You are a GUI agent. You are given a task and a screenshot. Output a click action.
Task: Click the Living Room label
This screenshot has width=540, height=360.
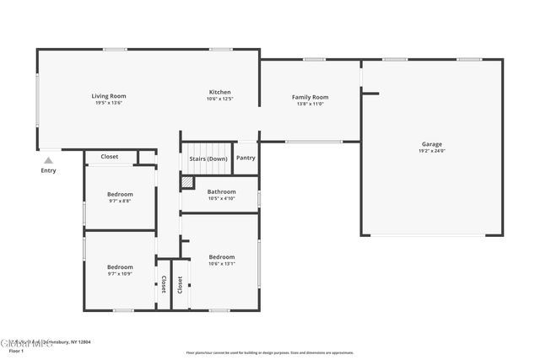(x=109, y=96)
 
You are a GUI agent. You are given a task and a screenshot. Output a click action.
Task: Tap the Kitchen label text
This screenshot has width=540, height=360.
(x=220, y=92)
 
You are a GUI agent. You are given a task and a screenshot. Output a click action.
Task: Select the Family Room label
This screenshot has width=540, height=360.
(x=310, y=97)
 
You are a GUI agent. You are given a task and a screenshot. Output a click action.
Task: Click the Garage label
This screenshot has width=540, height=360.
(x=432, y=144)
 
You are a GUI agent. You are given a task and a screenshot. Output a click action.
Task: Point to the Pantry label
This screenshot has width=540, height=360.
(x=246, y=158)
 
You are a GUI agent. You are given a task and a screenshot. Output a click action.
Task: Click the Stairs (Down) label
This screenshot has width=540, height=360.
(x=208, y=158)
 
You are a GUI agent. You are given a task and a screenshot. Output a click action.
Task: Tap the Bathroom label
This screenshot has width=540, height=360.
(x=222, y=191)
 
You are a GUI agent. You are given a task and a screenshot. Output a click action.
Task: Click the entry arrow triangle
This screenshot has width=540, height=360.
(x=49, y=159)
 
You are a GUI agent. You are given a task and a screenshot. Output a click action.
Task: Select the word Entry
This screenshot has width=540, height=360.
(x=49, y=170)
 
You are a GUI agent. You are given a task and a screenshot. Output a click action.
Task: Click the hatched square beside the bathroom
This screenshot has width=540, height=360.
(x=187, y=180)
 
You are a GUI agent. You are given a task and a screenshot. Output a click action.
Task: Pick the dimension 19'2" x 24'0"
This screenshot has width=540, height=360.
(x=432, y=151)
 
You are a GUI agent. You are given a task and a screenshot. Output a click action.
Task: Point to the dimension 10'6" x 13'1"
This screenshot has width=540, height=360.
(x=222, y=263)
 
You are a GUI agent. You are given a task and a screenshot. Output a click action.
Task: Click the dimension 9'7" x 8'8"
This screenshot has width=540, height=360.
(x=120, y=201)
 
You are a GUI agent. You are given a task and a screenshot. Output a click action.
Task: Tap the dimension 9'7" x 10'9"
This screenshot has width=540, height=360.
(x=120, y=274)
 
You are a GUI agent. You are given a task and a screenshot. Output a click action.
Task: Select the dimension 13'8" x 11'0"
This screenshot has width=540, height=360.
(x=310, y=104)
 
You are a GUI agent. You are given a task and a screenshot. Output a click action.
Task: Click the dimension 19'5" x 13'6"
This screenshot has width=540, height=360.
(x=109, y=103)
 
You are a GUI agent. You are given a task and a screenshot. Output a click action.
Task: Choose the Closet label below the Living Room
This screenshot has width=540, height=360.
(x=110, y=157)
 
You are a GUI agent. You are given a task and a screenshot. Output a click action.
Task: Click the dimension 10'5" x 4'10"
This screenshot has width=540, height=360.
(x=222, y=198)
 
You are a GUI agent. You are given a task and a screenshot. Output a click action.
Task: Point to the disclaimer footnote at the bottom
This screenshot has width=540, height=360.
(x=270, y=352)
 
